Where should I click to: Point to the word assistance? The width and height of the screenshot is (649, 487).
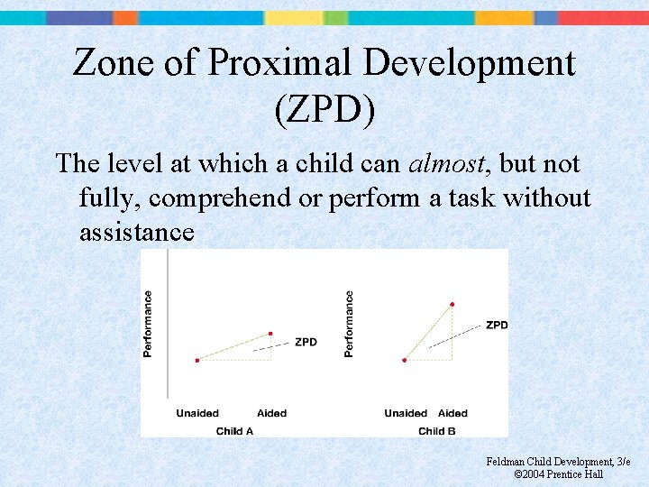[137, 233]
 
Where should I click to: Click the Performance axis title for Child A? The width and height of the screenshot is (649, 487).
[148, 323]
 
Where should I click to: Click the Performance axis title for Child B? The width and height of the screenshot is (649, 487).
[349, 323]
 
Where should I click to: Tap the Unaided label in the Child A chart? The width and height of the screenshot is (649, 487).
[197, 413]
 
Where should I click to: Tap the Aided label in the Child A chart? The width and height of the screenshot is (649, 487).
[271, 413]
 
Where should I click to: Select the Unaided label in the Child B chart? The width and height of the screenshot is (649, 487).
[406, 413]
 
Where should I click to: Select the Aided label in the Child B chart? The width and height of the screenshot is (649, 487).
[452, 413]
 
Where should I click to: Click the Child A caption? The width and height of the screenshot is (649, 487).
[234, 431]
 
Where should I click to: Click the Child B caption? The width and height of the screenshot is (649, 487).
[437, 431]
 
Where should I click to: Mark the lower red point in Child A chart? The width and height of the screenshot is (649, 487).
[197, 360]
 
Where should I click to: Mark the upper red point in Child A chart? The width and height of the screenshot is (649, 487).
[270, 334]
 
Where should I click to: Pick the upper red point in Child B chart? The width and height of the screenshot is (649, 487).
[452, 304]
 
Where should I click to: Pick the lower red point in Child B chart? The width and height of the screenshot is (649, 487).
[405, 360]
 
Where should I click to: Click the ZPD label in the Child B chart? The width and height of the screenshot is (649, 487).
[497, 325]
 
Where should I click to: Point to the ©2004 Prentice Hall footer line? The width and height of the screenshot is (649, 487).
[558, 474]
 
